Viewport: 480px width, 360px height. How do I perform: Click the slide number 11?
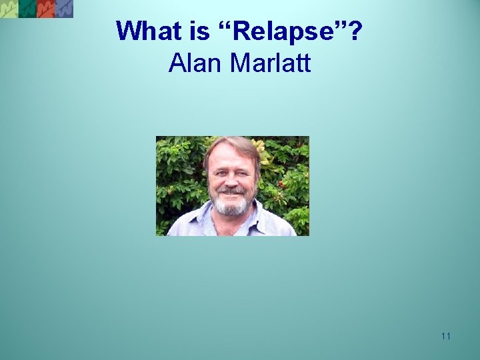(445, 336)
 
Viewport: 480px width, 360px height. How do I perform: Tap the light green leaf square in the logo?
(9, 9)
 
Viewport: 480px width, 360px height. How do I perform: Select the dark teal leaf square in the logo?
(27, 9)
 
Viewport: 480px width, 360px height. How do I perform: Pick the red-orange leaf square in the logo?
(46, 9)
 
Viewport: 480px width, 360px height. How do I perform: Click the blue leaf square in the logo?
(64, 9)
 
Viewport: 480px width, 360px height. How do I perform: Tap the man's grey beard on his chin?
(231, 207)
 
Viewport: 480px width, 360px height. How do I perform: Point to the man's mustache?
(231, 191)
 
